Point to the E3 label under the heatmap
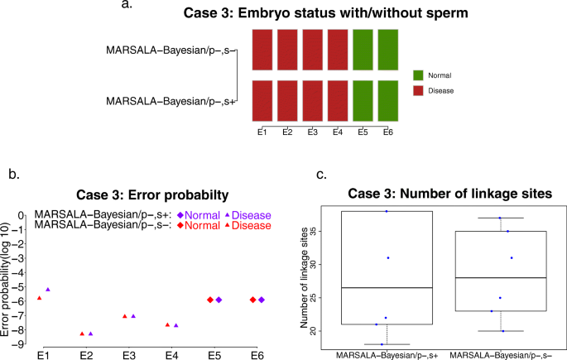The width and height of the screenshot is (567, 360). tap(311, 132)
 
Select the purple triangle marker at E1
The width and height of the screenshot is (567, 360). tap(48, 290)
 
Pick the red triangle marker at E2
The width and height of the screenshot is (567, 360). tap(82, 334)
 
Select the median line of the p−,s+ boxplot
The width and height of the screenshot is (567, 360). tap(387, 287)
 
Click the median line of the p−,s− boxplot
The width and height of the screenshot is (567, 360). tap(500, 278)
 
